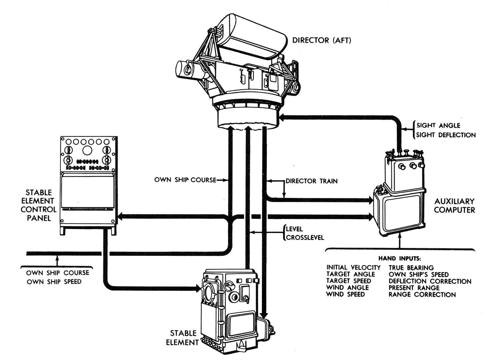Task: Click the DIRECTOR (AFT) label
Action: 322,40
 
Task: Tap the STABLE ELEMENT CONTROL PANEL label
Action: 38,205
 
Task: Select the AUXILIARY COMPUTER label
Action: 454,205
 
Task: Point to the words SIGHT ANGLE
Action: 438,126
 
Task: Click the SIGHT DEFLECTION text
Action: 446,135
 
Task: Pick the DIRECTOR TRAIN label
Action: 311,181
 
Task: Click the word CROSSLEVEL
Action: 305,238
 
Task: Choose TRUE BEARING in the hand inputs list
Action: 411,267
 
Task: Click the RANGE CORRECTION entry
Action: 422,295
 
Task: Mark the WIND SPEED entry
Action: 346,294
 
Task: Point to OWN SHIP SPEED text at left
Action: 54,282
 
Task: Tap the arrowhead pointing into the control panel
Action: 121,217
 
